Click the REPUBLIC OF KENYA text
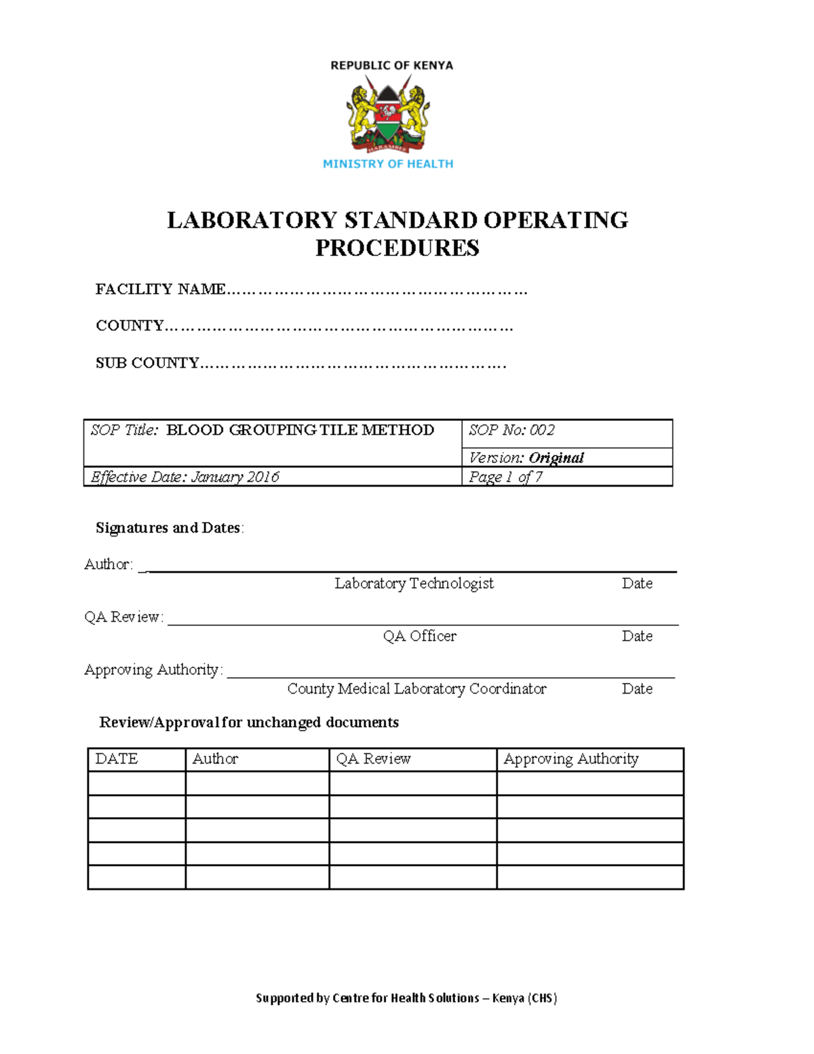391,66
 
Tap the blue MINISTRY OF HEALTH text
387,164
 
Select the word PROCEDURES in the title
397,248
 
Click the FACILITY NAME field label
160,289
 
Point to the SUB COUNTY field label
147,363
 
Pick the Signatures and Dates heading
169,528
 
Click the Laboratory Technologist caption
414,584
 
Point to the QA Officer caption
419,636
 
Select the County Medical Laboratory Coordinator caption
416,689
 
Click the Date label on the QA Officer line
637,636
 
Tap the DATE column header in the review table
117,759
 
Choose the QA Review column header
373,759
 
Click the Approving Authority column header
570,759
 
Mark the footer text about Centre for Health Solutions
406,998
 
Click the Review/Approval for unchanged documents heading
249,722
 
